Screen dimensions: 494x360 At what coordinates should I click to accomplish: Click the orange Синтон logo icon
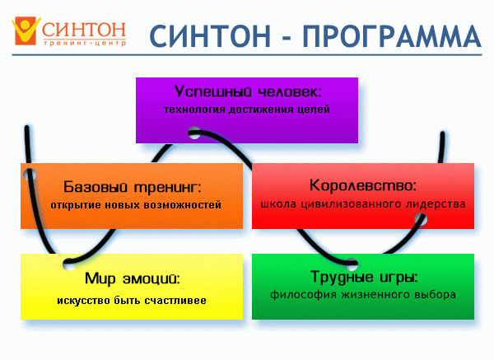coord(26,30)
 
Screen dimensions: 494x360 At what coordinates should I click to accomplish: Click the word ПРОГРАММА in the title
coord(392,36)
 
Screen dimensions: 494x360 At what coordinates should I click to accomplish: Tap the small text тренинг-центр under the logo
coord(85,43)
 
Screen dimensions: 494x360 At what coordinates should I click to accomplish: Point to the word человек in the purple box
coord(290,91)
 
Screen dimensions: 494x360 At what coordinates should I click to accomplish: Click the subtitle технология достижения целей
coord(247,110)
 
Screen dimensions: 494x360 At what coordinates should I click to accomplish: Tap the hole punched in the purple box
coord(194,133)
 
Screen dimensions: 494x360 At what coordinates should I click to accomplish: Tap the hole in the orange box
coord(30,175)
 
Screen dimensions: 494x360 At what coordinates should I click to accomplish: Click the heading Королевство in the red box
coord(362,185)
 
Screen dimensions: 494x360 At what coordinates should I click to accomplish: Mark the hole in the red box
coord(421,219)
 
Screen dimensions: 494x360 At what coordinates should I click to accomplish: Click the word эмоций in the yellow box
coord(151,278)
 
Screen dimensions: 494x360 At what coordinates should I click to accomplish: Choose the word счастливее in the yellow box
coord(175,300)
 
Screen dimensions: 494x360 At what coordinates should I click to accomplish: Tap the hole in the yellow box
coord(69,264)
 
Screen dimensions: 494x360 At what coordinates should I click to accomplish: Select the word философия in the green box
coord(299,295)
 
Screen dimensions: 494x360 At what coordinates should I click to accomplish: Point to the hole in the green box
coord(352,264)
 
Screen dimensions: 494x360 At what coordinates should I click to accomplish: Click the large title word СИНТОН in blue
coord(210,36)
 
